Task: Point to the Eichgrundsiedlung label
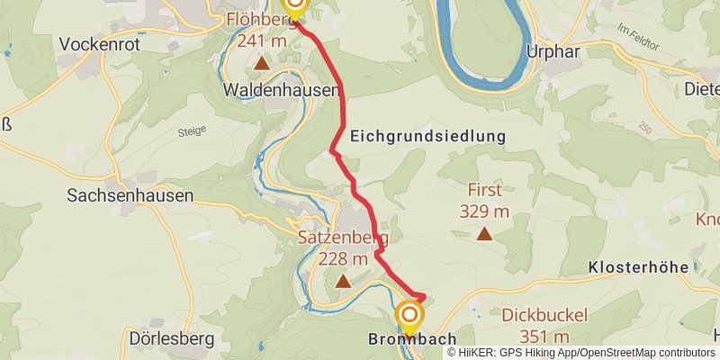tap(427, 136)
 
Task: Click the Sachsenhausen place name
tap(130, 194)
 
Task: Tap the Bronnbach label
tap(408, 340)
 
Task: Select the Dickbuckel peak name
tap(545, 315)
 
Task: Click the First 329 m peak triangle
tap(484, 235)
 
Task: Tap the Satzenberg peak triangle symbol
tap(343, 281)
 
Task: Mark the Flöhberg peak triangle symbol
tap(261, 63)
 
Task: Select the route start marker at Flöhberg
tap(294, 5)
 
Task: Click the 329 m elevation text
tap(484, 212)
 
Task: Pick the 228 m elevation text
tap(343, 259)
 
